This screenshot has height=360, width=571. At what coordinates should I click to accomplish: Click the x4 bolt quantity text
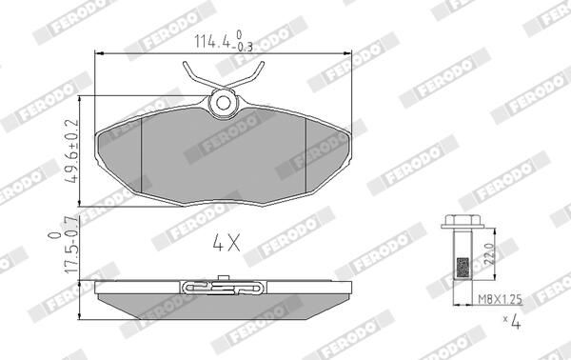click(x=511, y=322)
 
